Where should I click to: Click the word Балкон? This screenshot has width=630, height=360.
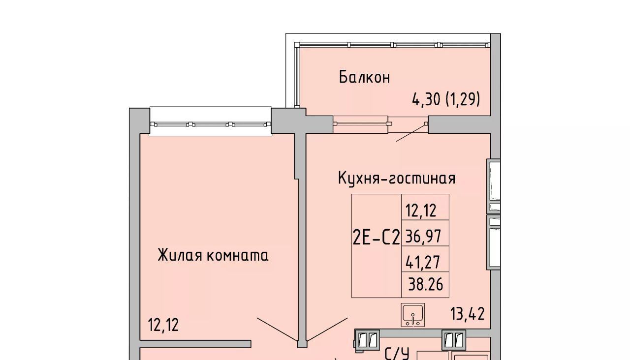point(365,77)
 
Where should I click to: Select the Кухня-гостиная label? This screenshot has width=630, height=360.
point(397,178)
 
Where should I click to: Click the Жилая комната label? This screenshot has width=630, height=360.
point(213,255)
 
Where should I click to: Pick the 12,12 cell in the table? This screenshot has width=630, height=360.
point(425,207)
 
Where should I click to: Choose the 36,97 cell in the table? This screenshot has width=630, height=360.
point(425,233)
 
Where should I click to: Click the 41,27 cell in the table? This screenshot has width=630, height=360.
point(425,259)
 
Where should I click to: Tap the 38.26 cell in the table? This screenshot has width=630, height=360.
point(425,284)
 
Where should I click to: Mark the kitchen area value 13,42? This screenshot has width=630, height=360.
point(468,314)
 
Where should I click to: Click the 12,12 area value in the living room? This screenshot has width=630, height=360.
point(163,325)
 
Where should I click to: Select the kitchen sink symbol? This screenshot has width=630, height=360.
point(412,315)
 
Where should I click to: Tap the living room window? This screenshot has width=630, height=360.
point(210,124)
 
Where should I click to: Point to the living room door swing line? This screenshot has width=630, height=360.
point(278,330)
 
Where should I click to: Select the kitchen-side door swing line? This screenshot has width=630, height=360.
point(327,330)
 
